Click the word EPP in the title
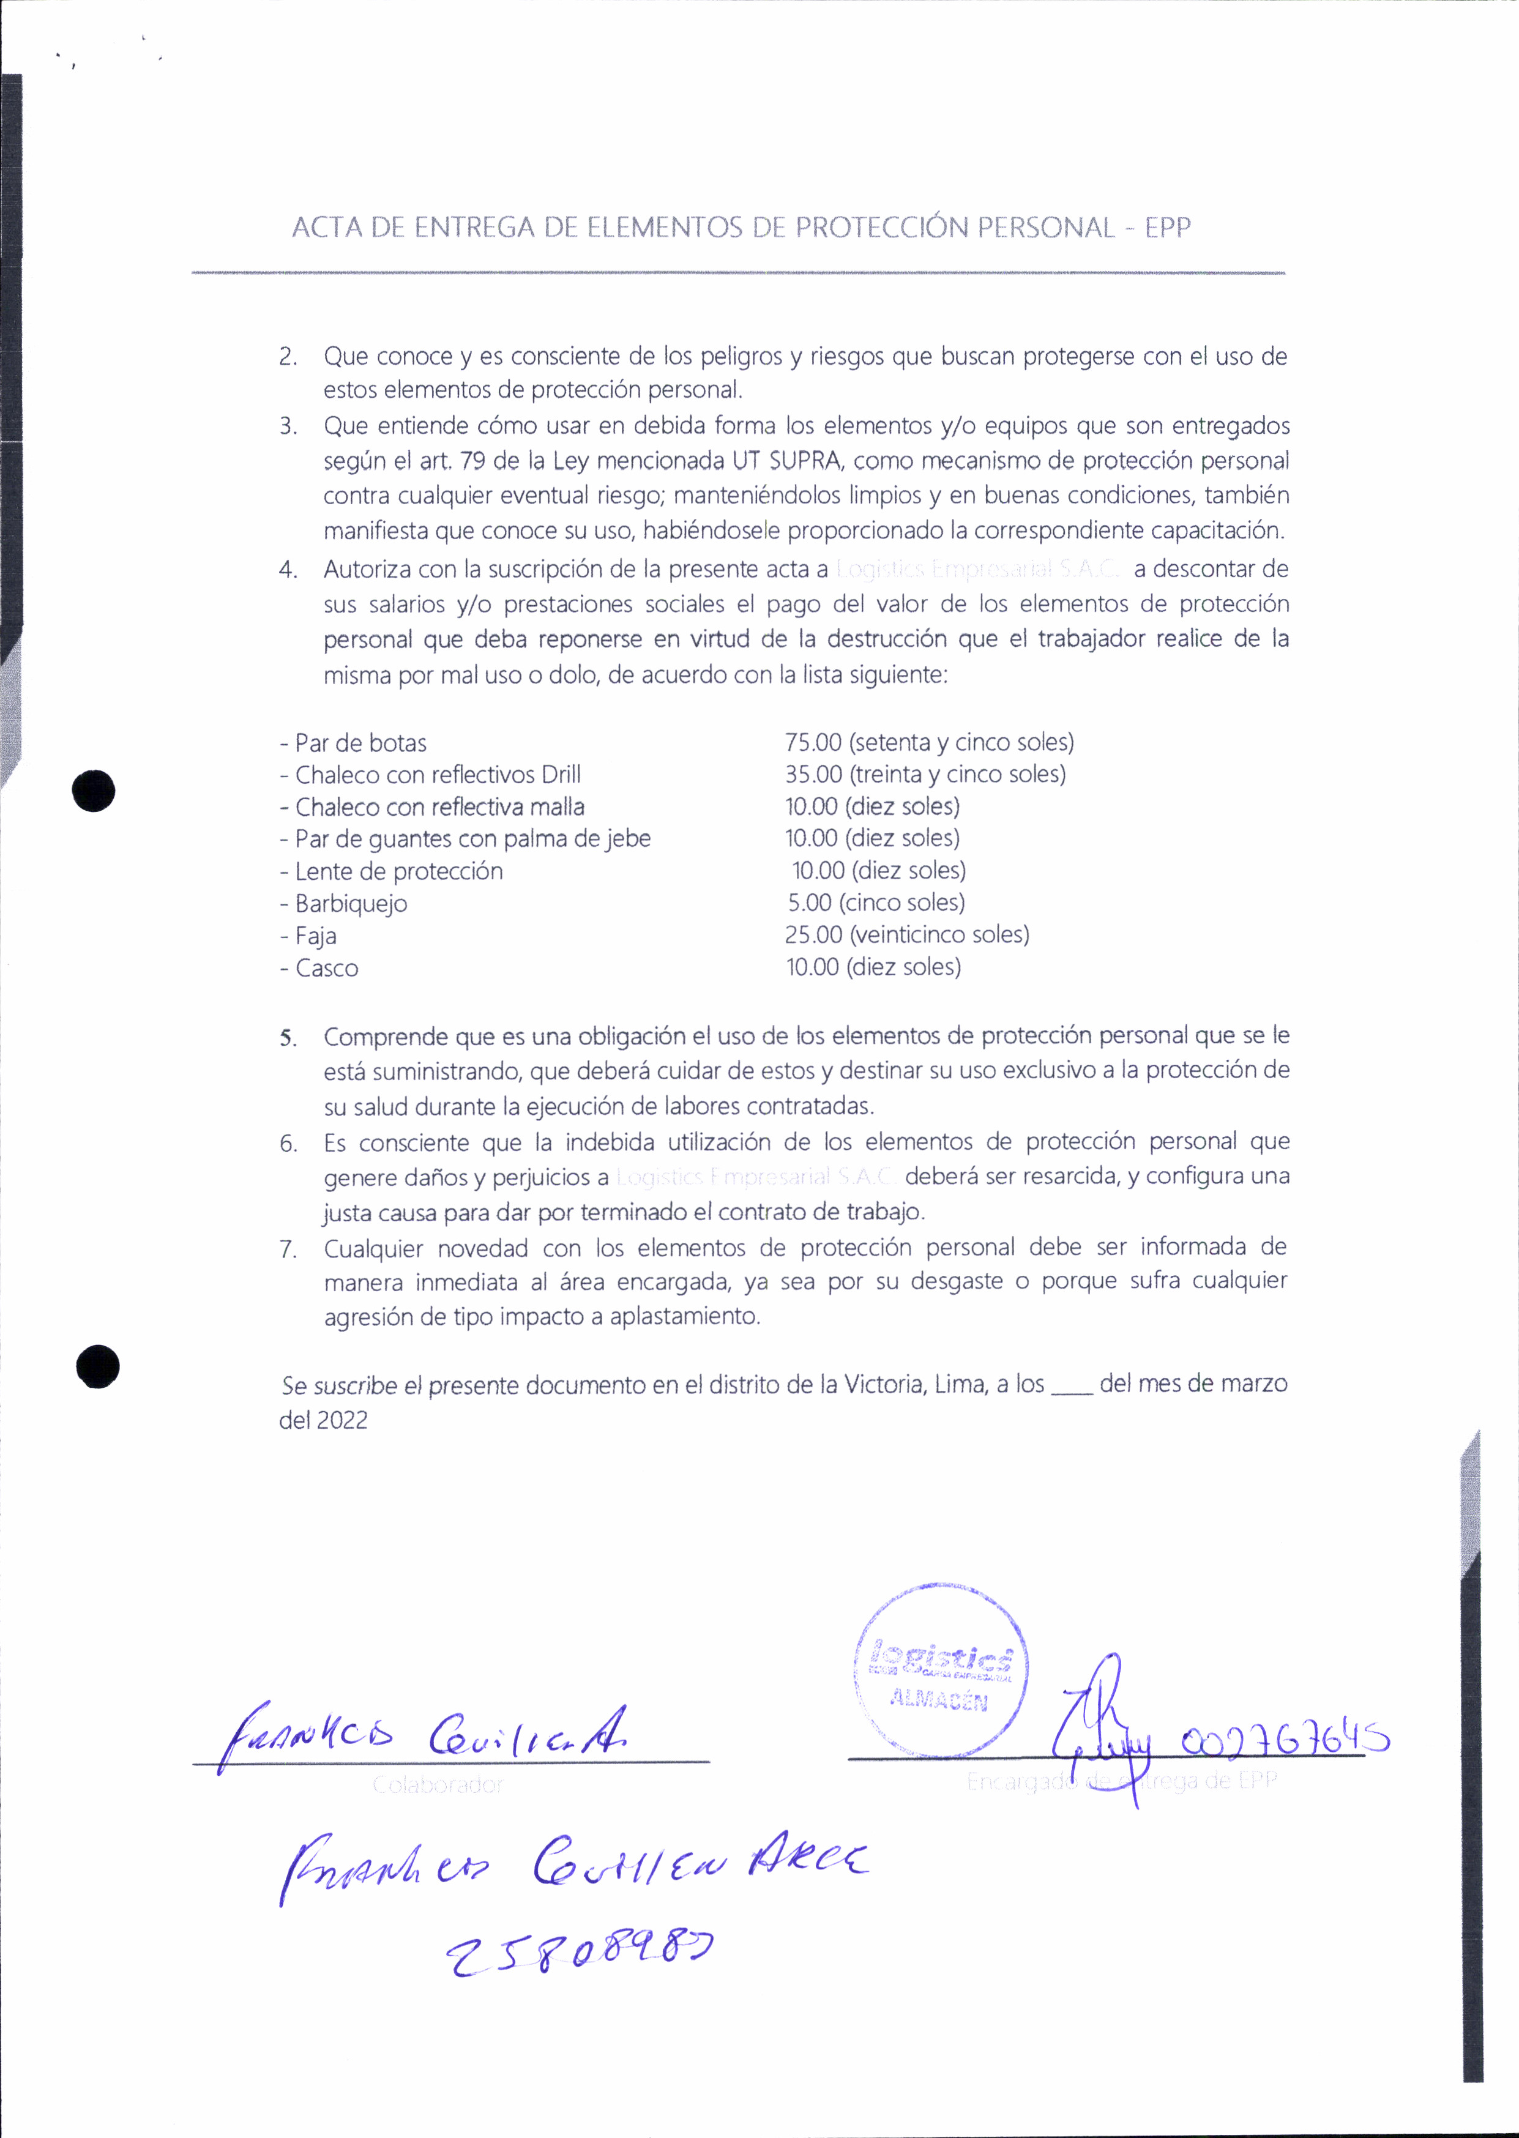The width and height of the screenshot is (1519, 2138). (x=1167, y=227)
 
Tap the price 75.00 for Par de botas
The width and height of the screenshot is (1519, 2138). (x=813, y=743)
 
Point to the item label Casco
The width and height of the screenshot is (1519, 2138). (x=326, y=968)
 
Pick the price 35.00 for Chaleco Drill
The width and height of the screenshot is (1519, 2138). (x=813, y=775)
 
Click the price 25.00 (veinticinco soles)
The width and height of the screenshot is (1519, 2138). (x=813, y=934)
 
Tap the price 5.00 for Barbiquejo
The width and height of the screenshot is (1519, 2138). (x=809, y=903)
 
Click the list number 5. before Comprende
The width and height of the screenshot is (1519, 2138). (x=288, y=1038)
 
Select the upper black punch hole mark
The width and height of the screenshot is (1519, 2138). (x=94, y=791)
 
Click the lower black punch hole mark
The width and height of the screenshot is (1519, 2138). (x=97, y=1366)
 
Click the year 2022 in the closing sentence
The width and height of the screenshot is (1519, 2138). (x=342, y=1421)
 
